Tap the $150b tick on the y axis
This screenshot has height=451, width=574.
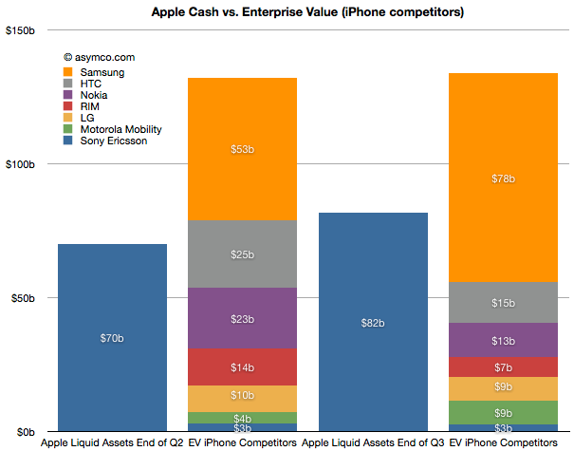click(x=20, y=30)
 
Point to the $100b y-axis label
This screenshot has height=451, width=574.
click(x=20, y=165)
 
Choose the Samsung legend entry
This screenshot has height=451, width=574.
click(x=102, y=72)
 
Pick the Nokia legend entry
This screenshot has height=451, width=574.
click(x=95, y=95)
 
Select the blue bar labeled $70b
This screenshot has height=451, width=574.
click(x=112, y=338)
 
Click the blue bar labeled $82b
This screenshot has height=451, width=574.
click(x=373, y=323)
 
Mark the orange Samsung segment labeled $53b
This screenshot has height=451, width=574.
click(x=243, y=149)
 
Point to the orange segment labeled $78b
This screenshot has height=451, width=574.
click(x=503, y=178)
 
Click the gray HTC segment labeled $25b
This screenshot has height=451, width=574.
click(x=243, y=254)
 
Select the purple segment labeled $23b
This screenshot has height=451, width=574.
click(x=243, y=319)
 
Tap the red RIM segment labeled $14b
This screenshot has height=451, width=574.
click(x=243, y=367)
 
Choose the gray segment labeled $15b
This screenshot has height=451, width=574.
click(x=503, y=303)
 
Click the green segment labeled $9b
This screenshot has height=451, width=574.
click(x=503, y=413)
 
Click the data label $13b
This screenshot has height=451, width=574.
click(x=503, y=340)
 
